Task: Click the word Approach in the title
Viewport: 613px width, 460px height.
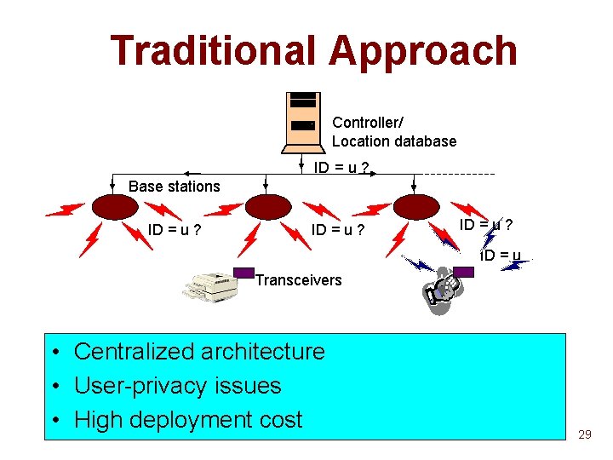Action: coord(423,50)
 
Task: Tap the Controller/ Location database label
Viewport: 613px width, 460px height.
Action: coord(393,132)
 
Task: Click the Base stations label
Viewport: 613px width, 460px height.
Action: coord(174,187)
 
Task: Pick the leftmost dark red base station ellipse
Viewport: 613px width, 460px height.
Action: coord(112,206)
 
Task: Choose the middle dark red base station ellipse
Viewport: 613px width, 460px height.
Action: coord(268,206)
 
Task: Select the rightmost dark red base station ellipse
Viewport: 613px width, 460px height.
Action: coord(415,207)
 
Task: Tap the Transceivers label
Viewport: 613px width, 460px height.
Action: coord(298,279)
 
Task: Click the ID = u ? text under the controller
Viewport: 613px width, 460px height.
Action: coord(341,168)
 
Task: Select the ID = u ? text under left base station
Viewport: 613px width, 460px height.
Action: coord(174,229)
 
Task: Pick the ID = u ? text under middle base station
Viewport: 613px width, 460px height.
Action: coord(338,229)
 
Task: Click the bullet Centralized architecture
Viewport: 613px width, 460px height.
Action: coord(199,351)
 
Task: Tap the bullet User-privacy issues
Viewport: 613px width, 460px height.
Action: coord(177,385)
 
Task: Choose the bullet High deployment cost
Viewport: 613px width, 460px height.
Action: coord(188,420)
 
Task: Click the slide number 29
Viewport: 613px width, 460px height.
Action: coord(584,434)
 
